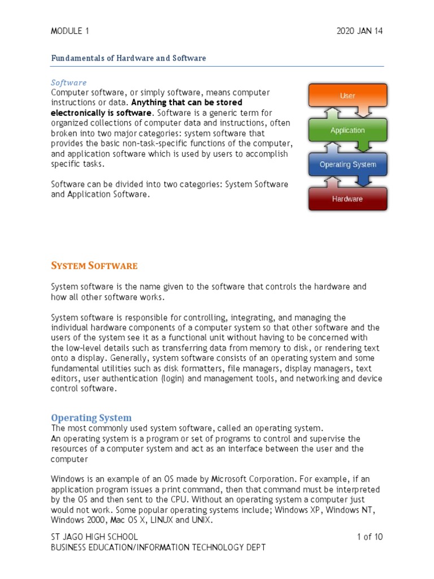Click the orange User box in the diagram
point(347,96)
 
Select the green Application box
point(347,130)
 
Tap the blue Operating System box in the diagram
point(347,165)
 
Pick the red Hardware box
point(347,199)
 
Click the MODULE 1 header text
point(70,31)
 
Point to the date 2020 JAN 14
point(359,31)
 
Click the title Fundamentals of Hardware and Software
point(128,58)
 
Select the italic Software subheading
point(69,83)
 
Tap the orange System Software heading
point(94,266)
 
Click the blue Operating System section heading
point(91,418)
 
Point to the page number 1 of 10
point(370,537)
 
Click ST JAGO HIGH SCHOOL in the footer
point(94,537)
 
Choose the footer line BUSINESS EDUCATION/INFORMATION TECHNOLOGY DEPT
point(158,547)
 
